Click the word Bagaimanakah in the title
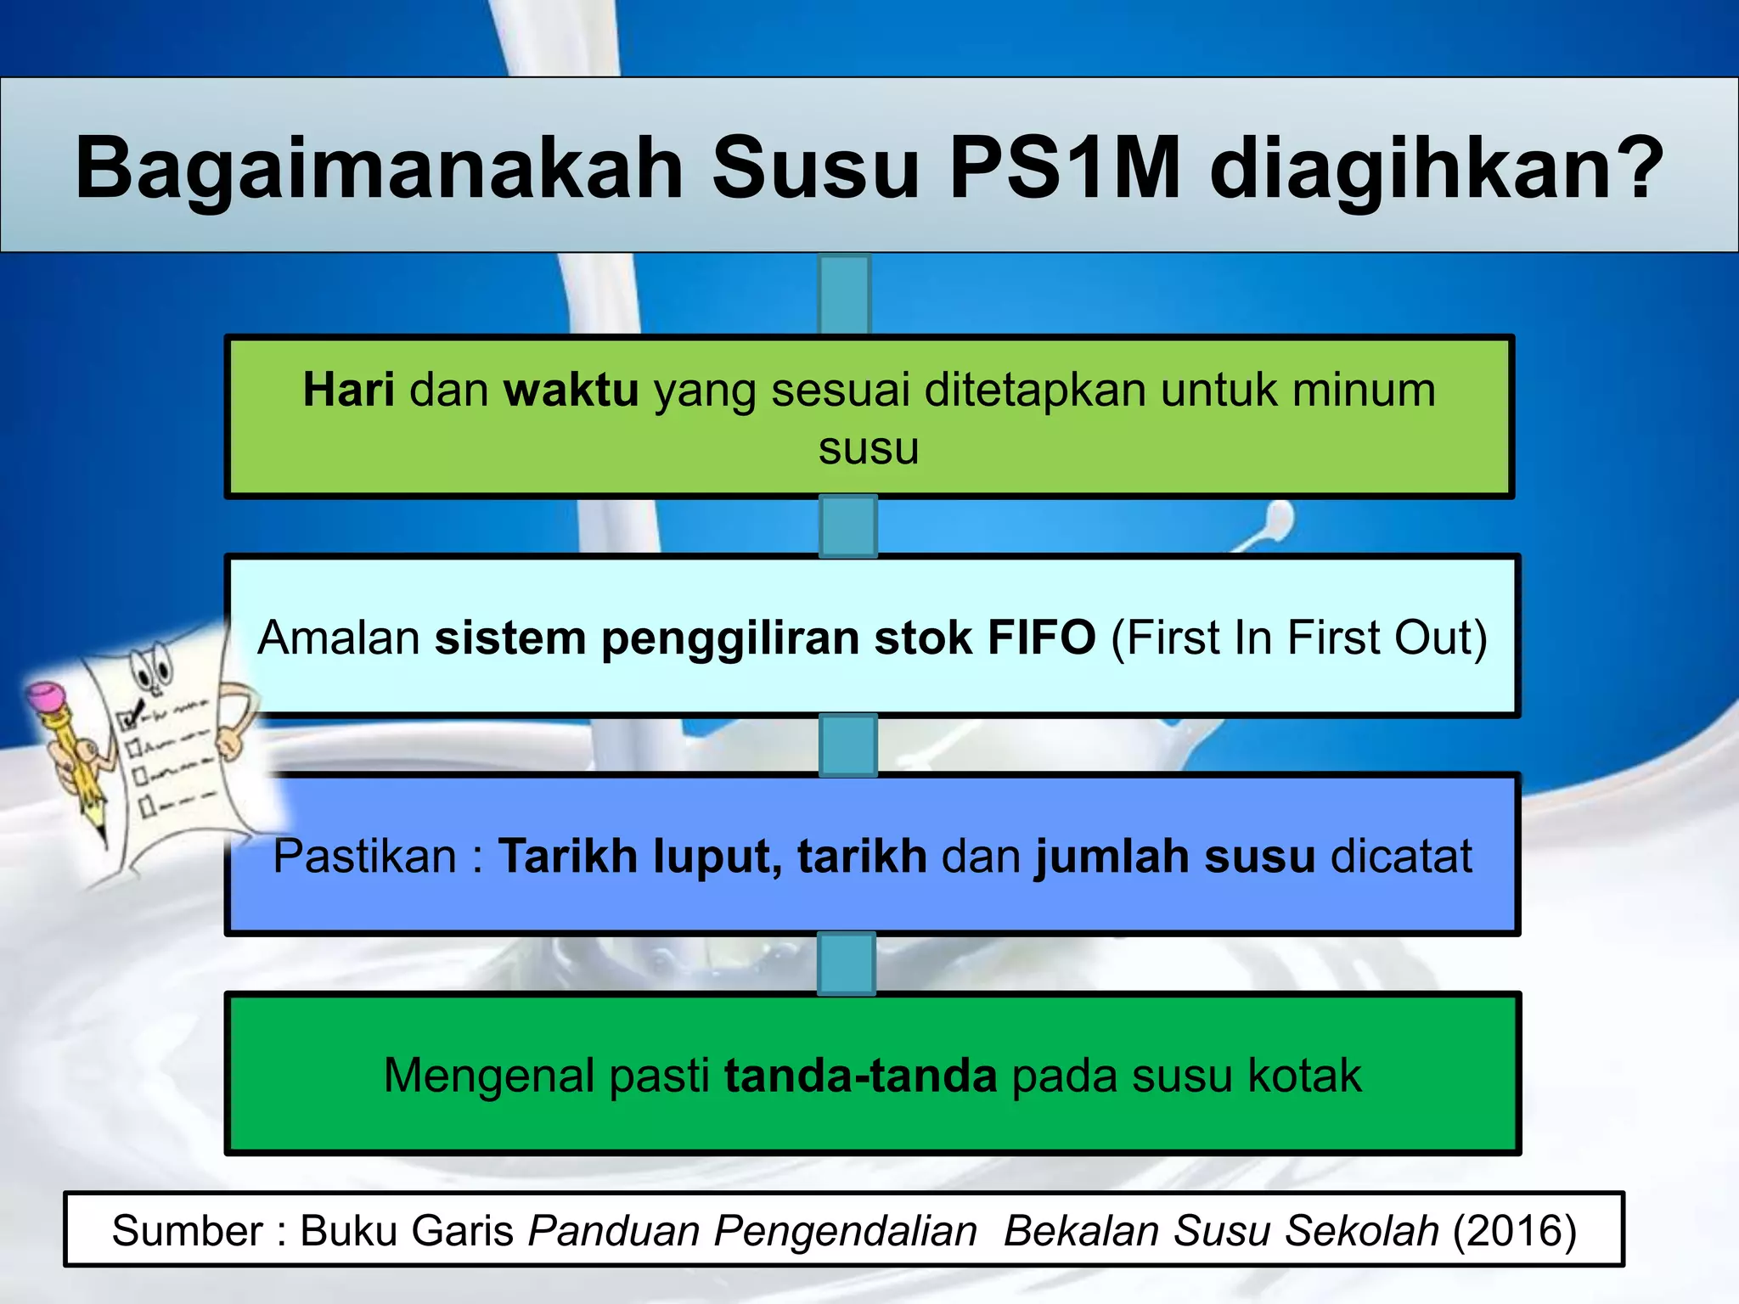pos(380,168)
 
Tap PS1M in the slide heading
pos(1065,168)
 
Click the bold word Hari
pos(348,391)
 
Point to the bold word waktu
pos(571,391)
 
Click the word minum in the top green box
pos(1364,391)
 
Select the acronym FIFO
pos(1041,638)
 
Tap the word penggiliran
pos(730,638)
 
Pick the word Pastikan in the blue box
pos(365,856)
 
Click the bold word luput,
pos(718,856)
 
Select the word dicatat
pos(1401,856)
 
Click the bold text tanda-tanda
pos(860,1076)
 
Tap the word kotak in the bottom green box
pos(1304,1076)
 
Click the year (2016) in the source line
pos(1514,1231)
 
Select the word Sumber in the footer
pos(188,1231)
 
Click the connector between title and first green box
pos(845,294)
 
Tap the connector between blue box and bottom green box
pos(847,964)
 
